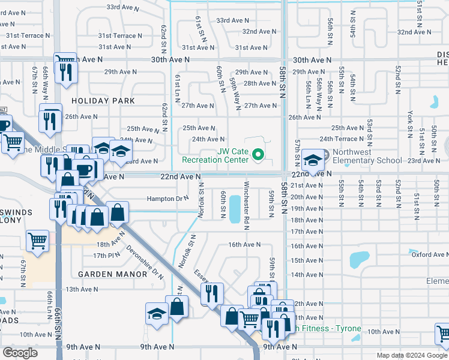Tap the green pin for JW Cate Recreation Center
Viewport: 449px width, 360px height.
coord(259,155)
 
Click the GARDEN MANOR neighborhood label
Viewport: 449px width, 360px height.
coord(112,274)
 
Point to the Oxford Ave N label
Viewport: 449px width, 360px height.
coord(430,254)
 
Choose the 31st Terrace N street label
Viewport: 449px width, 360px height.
coord(33,35)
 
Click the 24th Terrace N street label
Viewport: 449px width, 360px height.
coord(342,139)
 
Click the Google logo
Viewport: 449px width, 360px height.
coord(20,353)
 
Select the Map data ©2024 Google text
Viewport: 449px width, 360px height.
coord(411,355)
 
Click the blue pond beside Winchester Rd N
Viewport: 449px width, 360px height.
coord(234,208)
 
